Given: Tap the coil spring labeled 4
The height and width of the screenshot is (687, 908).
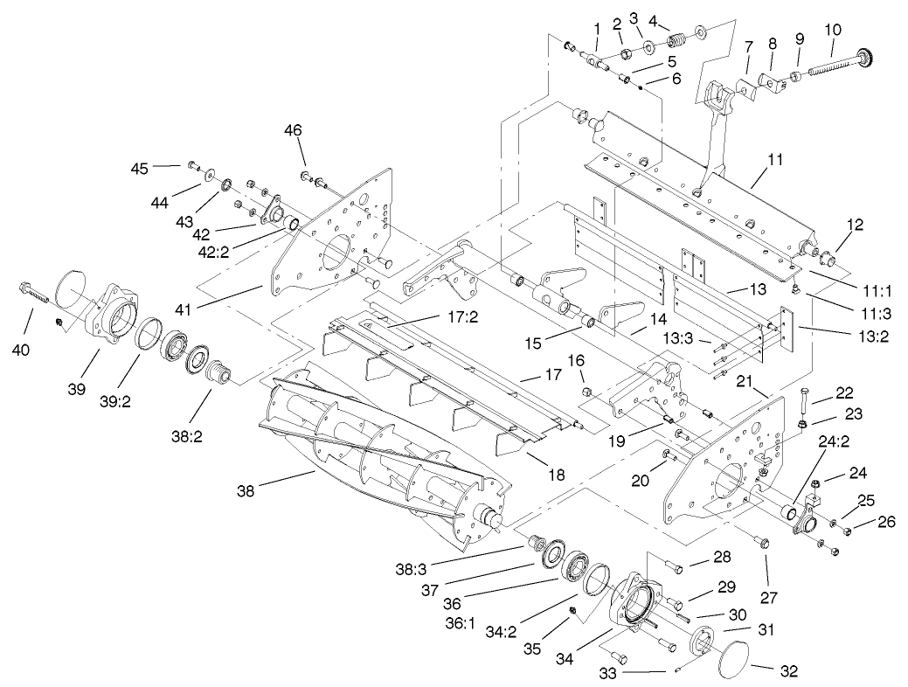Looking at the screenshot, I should pos(675,40).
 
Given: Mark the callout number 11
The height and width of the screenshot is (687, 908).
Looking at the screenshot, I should pos(774,159).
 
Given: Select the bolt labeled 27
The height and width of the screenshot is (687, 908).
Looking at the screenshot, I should pos(766,544).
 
